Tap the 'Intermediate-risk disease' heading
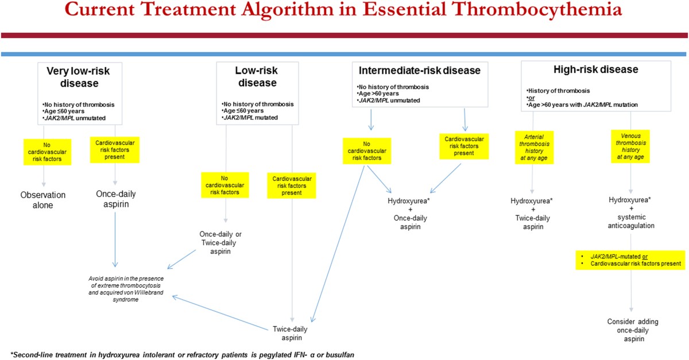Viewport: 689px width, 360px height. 419,71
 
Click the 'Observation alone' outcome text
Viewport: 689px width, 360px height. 44,200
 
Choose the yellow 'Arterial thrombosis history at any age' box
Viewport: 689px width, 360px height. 534,148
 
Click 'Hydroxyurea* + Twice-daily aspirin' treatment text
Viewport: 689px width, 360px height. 533,214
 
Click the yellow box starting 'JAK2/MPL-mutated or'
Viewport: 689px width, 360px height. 630,260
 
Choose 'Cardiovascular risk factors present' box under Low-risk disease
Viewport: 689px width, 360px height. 293,184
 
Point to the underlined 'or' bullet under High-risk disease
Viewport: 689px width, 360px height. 531,97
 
